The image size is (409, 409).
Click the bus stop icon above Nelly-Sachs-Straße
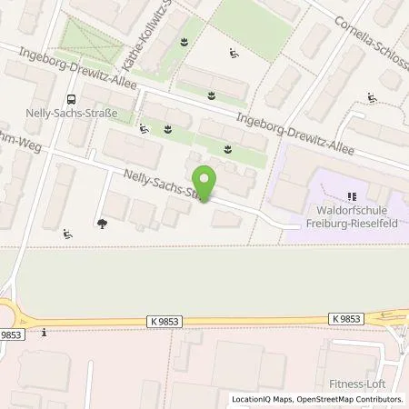(x=68, y=101)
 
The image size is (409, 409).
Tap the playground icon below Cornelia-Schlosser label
(x=371, y=98)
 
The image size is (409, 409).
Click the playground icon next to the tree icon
(x=69, y=234)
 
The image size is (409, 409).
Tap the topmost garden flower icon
(x=185, y=42)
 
